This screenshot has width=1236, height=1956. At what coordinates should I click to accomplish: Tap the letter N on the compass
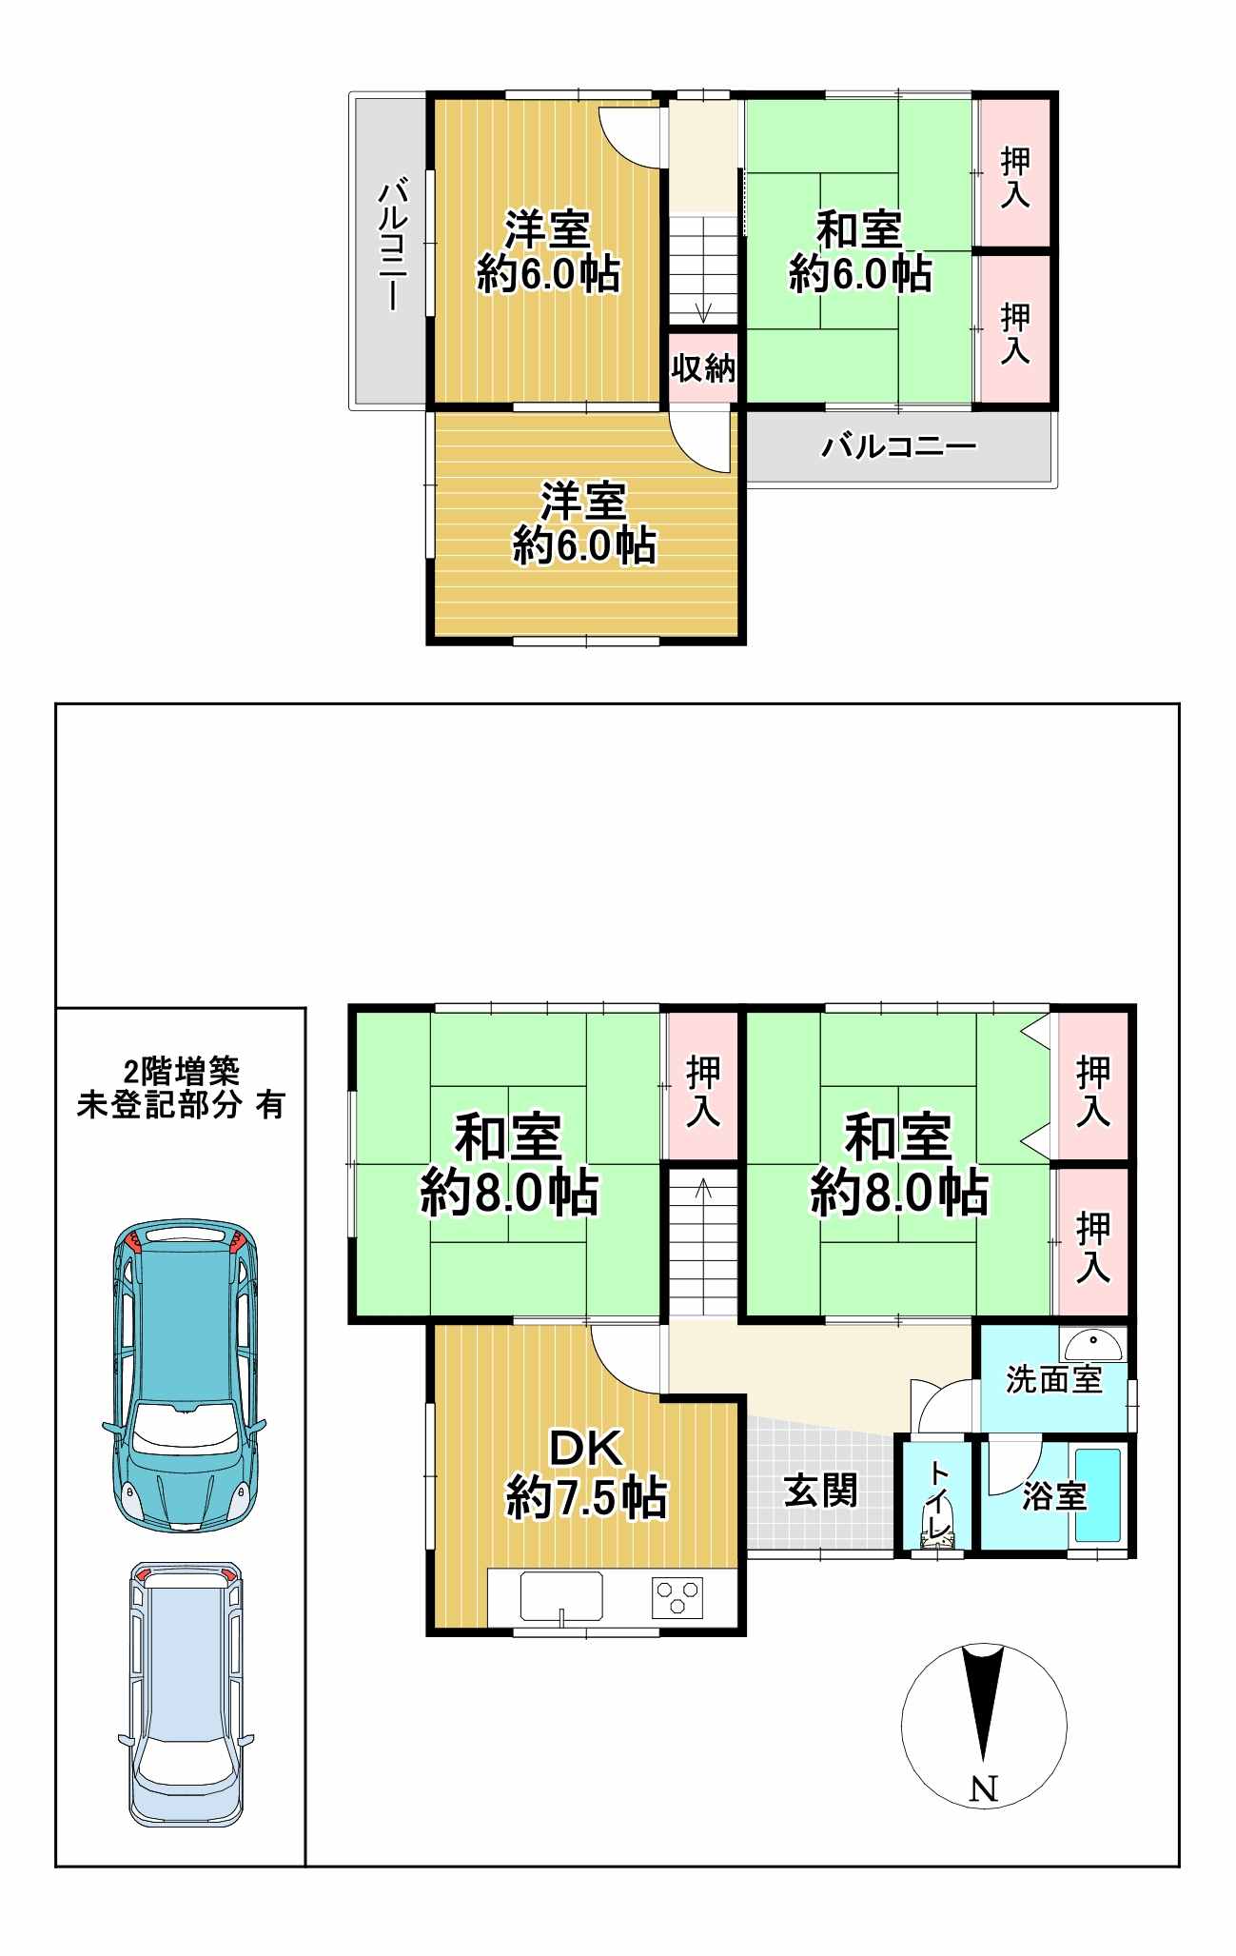tap(984, 1789)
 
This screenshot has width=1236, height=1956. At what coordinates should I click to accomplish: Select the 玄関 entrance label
tap(820, 1492)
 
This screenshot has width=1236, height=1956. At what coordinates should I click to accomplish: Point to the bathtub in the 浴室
tap(1098, 1495)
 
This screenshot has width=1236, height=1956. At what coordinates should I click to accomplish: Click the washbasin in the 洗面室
tap(1093, 1346)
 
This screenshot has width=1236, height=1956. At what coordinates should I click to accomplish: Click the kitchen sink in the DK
tap(561, 1596)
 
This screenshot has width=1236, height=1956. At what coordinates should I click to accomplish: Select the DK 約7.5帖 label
tap(586, 1473)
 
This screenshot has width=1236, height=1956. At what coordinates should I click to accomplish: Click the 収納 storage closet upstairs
tap(703, 367)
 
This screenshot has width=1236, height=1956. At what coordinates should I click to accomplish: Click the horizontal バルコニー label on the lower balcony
tap(899, 445)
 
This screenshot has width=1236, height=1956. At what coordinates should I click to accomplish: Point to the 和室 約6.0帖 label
tap(859, 251)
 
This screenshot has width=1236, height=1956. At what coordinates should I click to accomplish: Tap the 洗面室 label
tap(1053, 1379)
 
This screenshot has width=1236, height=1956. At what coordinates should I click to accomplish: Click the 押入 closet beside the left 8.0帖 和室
tap(703, 1087)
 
